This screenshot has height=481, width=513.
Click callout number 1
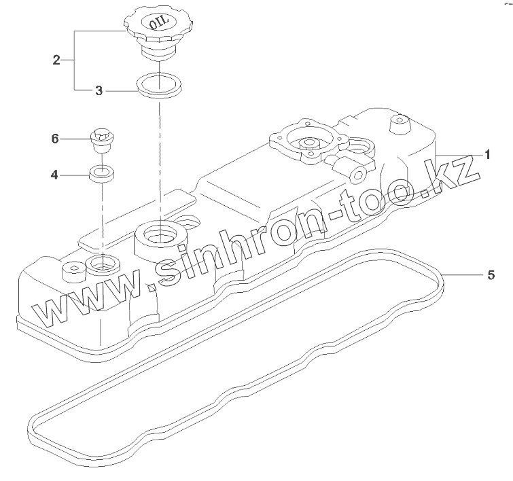tap(487, 155)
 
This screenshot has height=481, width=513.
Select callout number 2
tap(56, 60)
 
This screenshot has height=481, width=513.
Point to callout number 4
tap(55, 175)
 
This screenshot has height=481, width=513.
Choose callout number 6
tap(55, 139)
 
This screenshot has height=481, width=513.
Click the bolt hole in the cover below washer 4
tap(102, 264)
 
